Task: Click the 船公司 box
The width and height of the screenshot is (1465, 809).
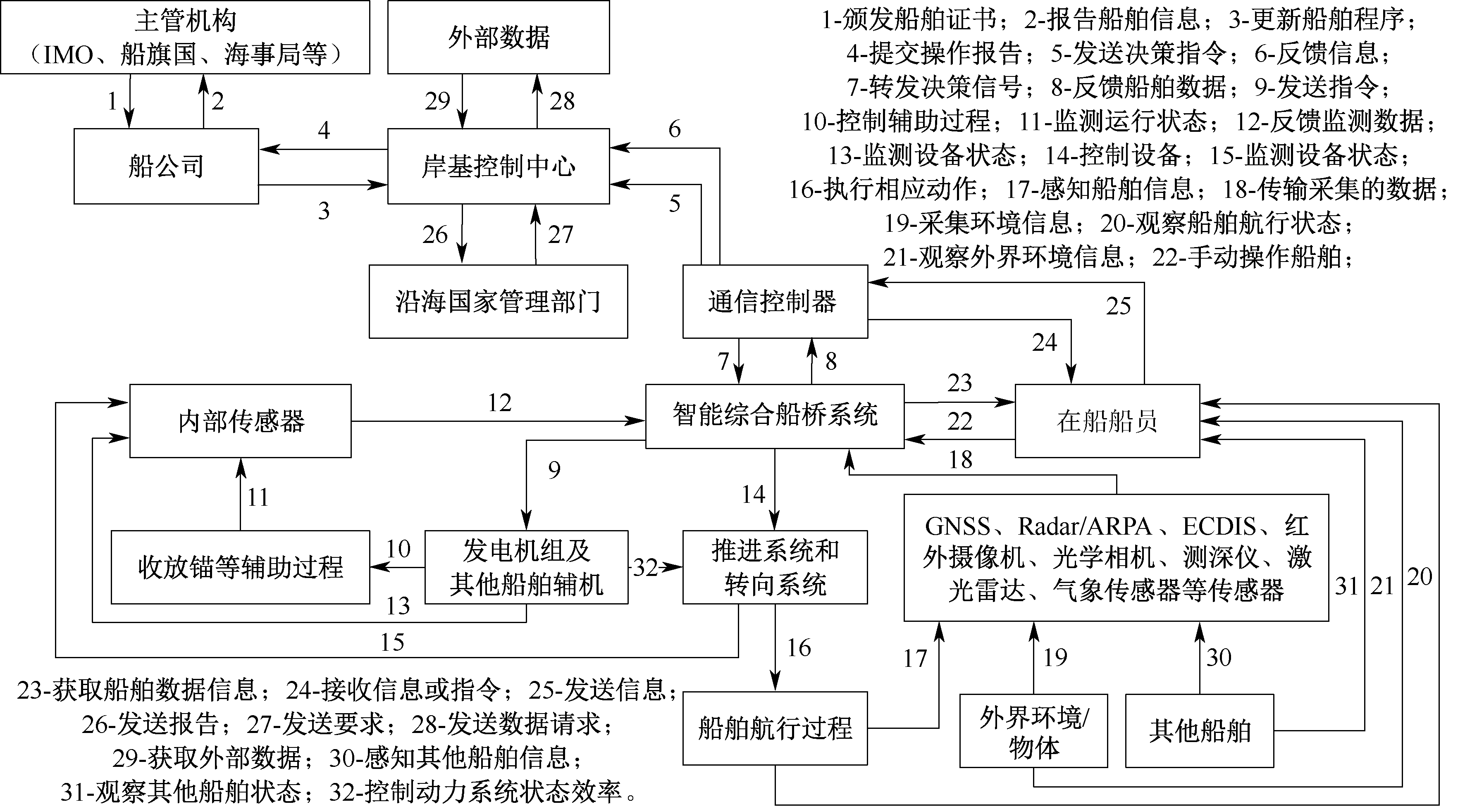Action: point(166,166)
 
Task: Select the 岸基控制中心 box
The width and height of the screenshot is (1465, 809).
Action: point(498,166)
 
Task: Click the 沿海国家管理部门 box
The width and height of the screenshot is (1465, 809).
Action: point(498,301)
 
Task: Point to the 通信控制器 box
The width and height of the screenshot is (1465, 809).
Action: point(775,301)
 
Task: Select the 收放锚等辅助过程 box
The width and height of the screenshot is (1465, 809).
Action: point(240,567)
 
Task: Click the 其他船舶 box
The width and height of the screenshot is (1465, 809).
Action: point(1200,730)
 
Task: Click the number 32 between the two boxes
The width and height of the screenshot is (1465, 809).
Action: point(646,567)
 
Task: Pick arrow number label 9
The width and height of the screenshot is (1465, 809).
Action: point(554,470)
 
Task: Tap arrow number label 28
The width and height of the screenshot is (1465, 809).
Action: point(562,101)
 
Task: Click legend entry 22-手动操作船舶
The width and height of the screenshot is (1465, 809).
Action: point(1251,257)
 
